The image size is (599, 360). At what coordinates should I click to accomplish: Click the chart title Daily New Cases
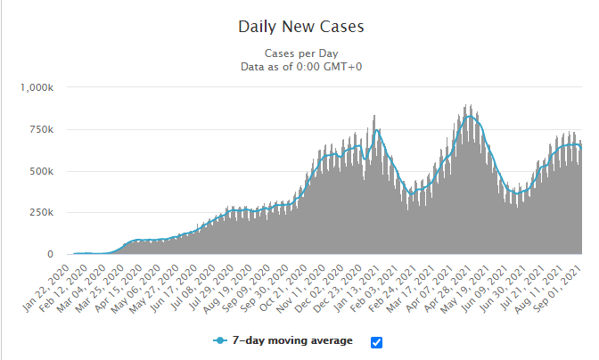[x=301, y=26]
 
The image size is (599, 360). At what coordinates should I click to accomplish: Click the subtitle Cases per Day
[x=301, y=53]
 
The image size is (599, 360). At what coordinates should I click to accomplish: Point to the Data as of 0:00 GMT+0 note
[x=301, y=66]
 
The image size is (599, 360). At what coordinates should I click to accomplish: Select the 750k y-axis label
[x=41, y=129]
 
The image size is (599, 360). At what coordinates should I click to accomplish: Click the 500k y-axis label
[x=41, y=171]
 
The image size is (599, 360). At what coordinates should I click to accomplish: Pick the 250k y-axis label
[x=41, y=213]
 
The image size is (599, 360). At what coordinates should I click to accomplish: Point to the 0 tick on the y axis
[x=50, y=255]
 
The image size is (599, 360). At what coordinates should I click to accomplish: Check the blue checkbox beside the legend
[x=376, y=342]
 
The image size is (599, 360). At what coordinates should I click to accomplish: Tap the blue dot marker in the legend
[x=219, y=340]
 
